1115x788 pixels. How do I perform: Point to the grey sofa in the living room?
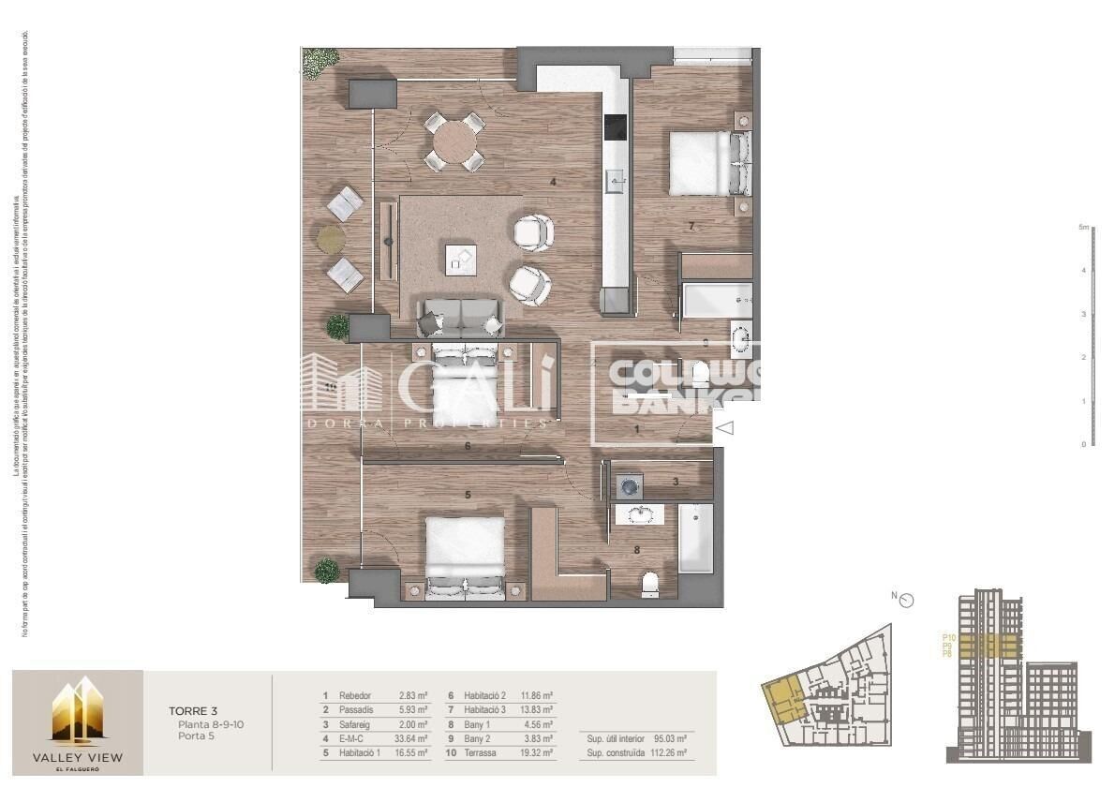point(460,318)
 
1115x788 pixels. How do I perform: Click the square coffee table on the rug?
point(460,258)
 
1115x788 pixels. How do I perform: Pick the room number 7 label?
point(691,226)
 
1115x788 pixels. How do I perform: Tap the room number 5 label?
point(467,494)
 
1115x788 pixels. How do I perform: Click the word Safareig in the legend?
point(355,724)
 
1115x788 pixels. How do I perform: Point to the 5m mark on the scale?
point(1084,228)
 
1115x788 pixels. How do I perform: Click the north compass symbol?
point(906,601)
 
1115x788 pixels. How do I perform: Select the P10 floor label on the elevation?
point(948,638)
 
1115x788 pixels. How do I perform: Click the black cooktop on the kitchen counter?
point(616,126)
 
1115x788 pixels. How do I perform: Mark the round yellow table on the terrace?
point(331,239)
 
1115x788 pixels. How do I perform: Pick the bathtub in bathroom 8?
point(695,538)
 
